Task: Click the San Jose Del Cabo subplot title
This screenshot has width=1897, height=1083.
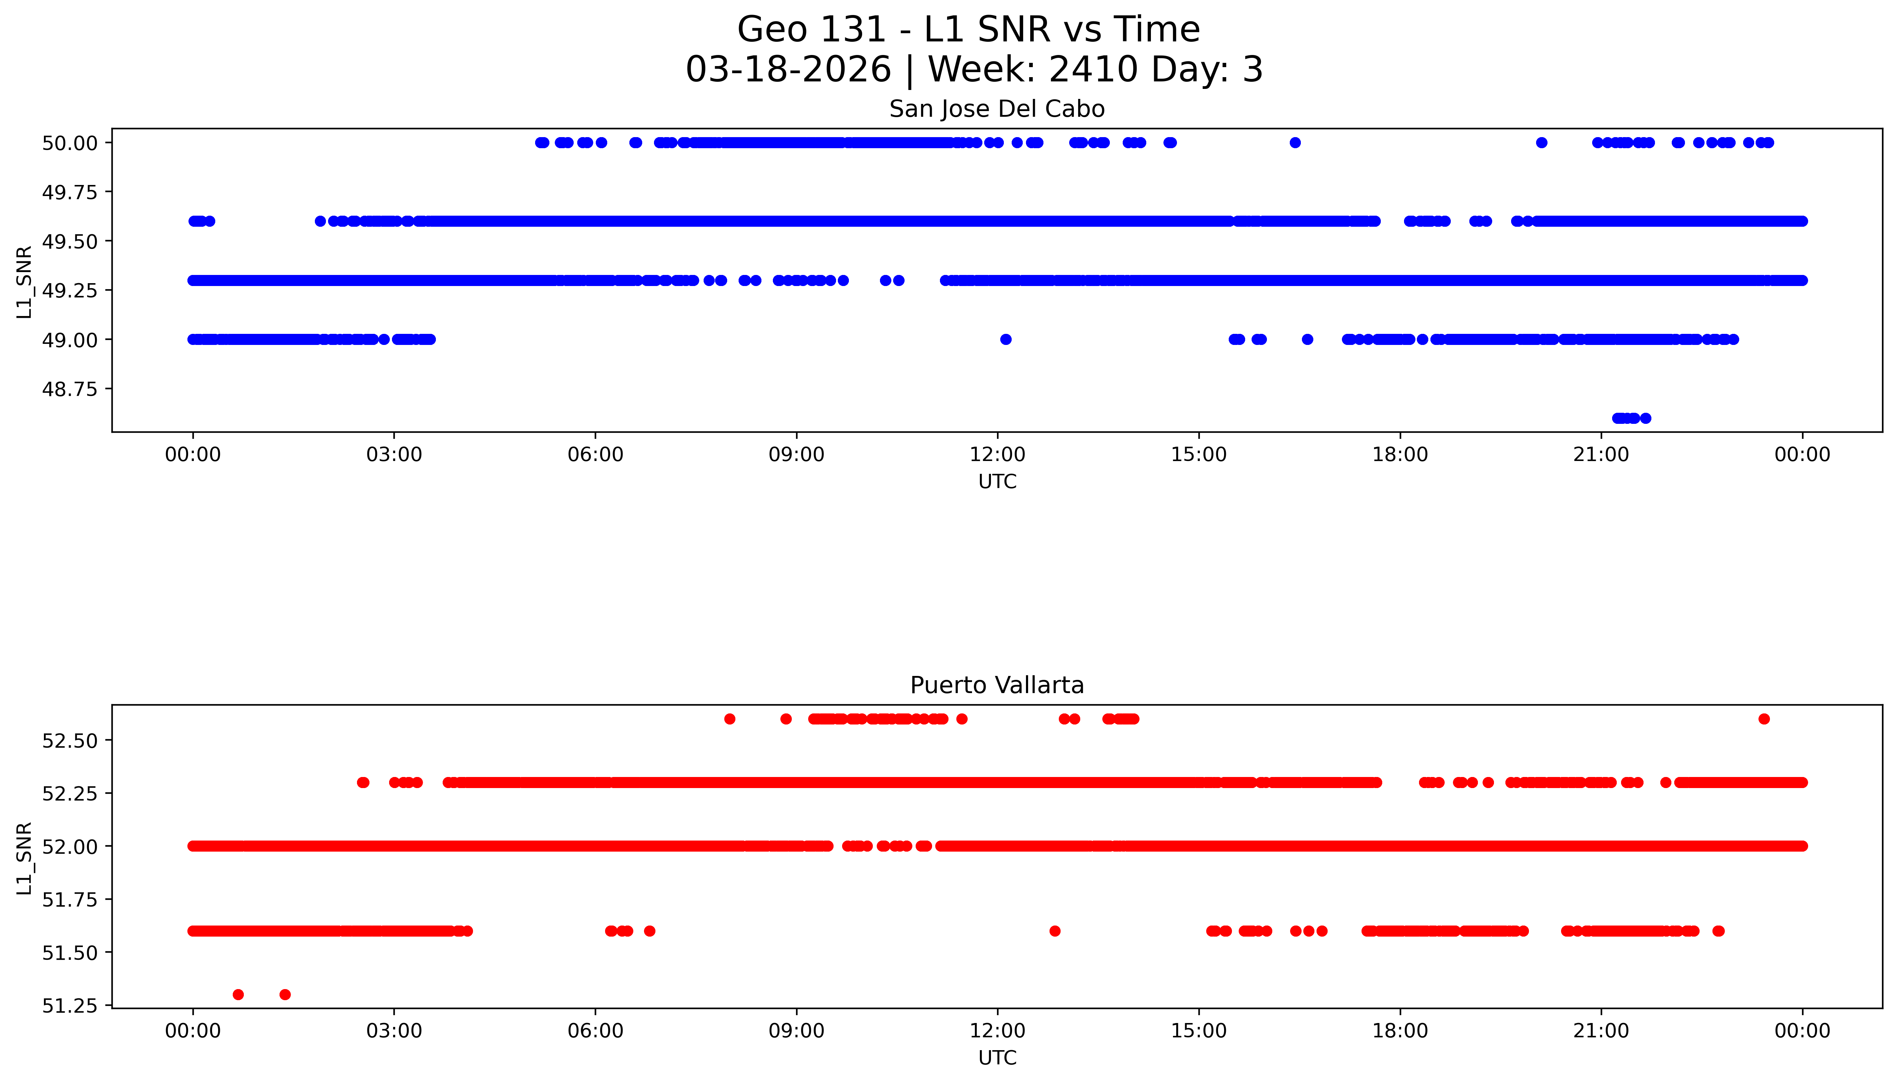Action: coord(996,109)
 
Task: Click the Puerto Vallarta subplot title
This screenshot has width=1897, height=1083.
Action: coord(996,685)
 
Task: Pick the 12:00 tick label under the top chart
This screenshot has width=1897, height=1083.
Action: coord(997,455)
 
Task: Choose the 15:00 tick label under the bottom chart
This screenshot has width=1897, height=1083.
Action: coord(1199,1031)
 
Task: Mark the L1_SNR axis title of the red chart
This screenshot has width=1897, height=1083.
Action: coord(25,858)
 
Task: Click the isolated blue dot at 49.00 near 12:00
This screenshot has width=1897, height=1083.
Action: coord(1005,339)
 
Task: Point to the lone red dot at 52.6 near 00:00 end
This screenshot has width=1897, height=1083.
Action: coord(1764,718)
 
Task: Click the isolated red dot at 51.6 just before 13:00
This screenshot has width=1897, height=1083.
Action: coord(1055,931)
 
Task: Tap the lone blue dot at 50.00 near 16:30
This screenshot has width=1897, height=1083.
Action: coord(1295,143)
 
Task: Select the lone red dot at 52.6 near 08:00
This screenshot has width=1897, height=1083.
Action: coord(730,718)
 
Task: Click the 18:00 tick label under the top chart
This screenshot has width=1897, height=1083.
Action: coord(1399,455)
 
